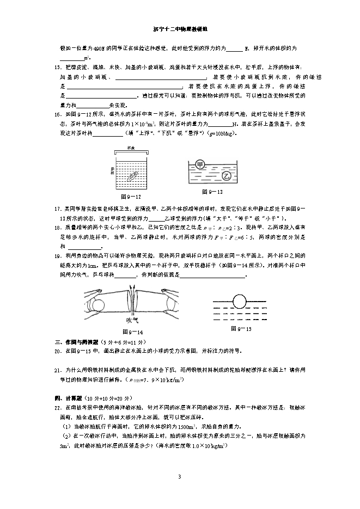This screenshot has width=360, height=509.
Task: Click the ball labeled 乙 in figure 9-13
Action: pos(227,175)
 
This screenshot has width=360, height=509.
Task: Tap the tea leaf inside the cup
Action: pos(131,175)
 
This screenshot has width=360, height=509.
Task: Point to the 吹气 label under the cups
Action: pos(133,320)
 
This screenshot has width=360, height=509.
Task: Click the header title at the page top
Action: pos(180,32)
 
